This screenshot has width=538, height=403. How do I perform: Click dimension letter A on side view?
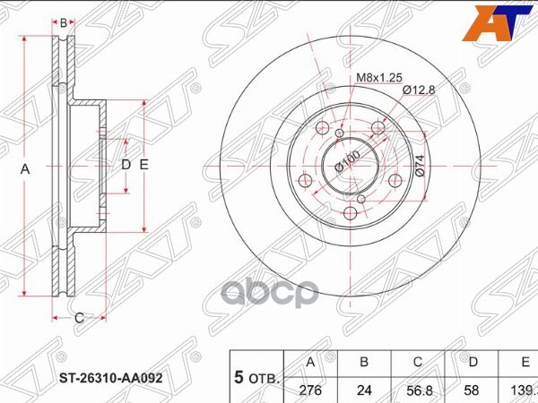25,169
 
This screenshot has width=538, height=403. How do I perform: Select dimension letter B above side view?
64,22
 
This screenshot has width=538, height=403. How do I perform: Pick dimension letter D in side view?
126,165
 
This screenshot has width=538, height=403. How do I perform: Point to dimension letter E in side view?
143,165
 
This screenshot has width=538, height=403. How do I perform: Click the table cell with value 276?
310,390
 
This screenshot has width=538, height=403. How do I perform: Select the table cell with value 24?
365,390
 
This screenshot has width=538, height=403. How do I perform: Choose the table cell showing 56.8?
419,390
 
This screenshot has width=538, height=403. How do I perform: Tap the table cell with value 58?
473,390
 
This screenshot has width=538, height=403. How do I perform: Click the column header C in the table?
419,363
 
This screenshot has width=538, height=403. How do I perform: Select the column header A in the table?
310,363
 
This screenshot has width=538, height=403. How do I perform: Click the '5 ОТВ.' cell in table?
256,377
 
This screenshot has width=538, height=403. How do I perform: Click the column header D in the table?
473,363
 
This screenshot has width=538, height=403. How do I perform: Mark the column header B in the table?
365,363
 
